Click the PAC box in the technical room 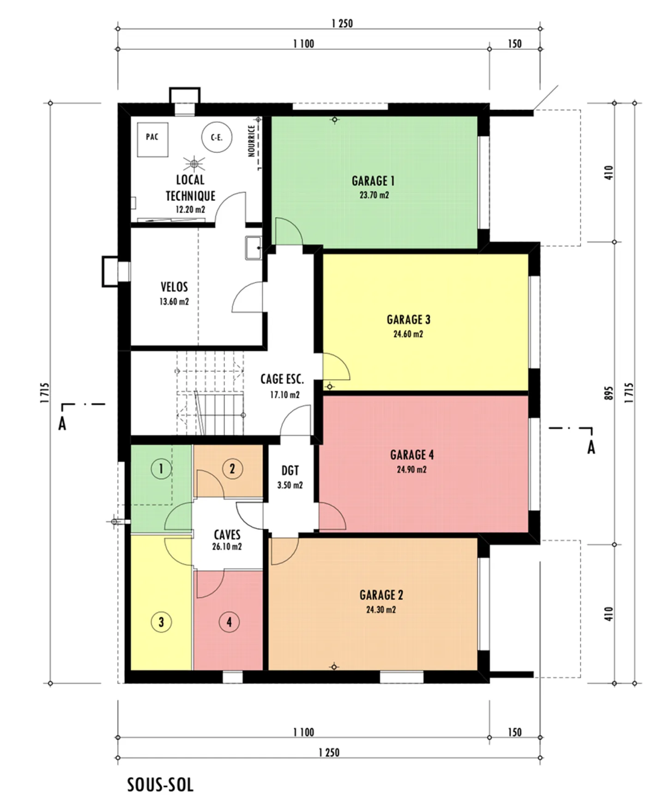[x=152, y=137]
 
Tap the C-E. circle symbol [x=217, y=137]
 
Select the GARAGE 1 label [x=373, y=181]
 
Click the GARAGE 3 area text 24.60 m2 [x=408, y=334]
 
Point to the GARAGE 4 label [x=412, y=455]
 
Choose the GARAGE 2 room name [x=381, y=595]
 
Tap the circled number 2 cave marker [x=232, y=469]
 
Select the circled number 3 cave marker [x=161, y=622]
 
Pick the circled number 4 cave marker [x=229, y=622]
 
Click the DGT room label [x=290, y=471]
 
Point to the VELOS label [x=174, y=287]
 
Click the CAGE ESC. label [x=282, y=379]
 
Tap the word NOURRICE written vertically [x=252, y=141]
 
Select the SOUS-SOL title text [x=160, y=785]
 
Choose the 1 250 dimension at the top [x=342, y=24]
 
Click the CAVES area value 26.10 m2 [x=227, y=547]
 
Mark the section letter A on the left [x=62, y=424]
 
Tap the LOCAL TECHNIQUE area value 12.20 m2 [x=190, y=209]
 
